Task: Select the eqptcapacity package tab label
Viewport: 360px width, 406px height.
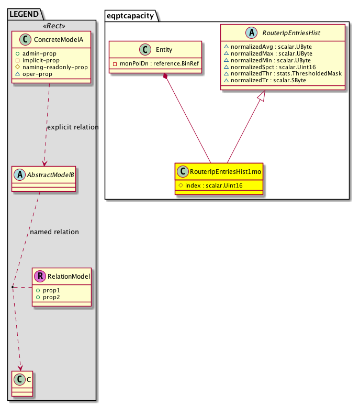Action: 130,15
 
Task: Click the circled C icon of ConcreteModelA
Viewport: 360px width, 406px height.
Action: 22,40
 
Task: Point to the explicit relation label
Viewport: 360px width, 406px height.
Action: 73,127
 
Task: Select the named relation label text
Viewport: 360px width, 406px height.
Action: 54,232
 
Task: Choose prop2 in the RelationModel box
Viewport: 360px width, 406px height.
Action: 51,297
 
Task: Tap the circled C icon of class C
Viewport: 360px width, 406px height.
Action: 19,377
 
